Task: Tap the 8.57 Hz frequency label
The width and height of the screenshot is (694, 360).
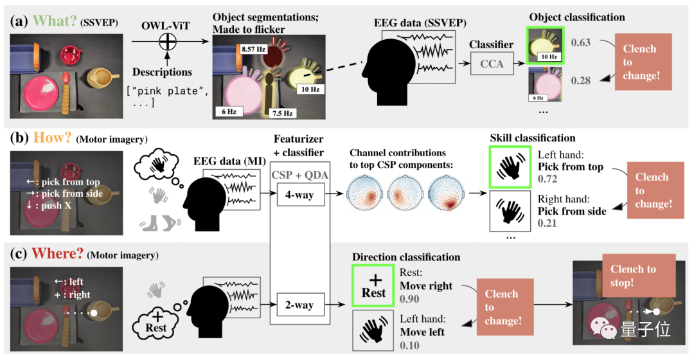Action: click(x=254, y=49)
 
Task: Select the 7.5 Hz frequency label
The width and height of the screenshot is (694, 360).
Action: click(x=282, y=113)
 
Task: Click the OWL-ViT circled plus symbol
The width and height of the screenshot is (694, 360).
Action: click(x=167, y=42)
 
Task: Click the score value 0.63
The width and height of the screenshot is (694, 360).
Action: click(x=581, y=43)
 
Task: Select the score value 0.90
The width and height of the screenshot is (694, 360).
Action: click(x=409, y=300)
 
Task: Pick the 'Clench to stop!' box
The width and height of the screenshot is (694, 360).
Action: click(x=633, y=276)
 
